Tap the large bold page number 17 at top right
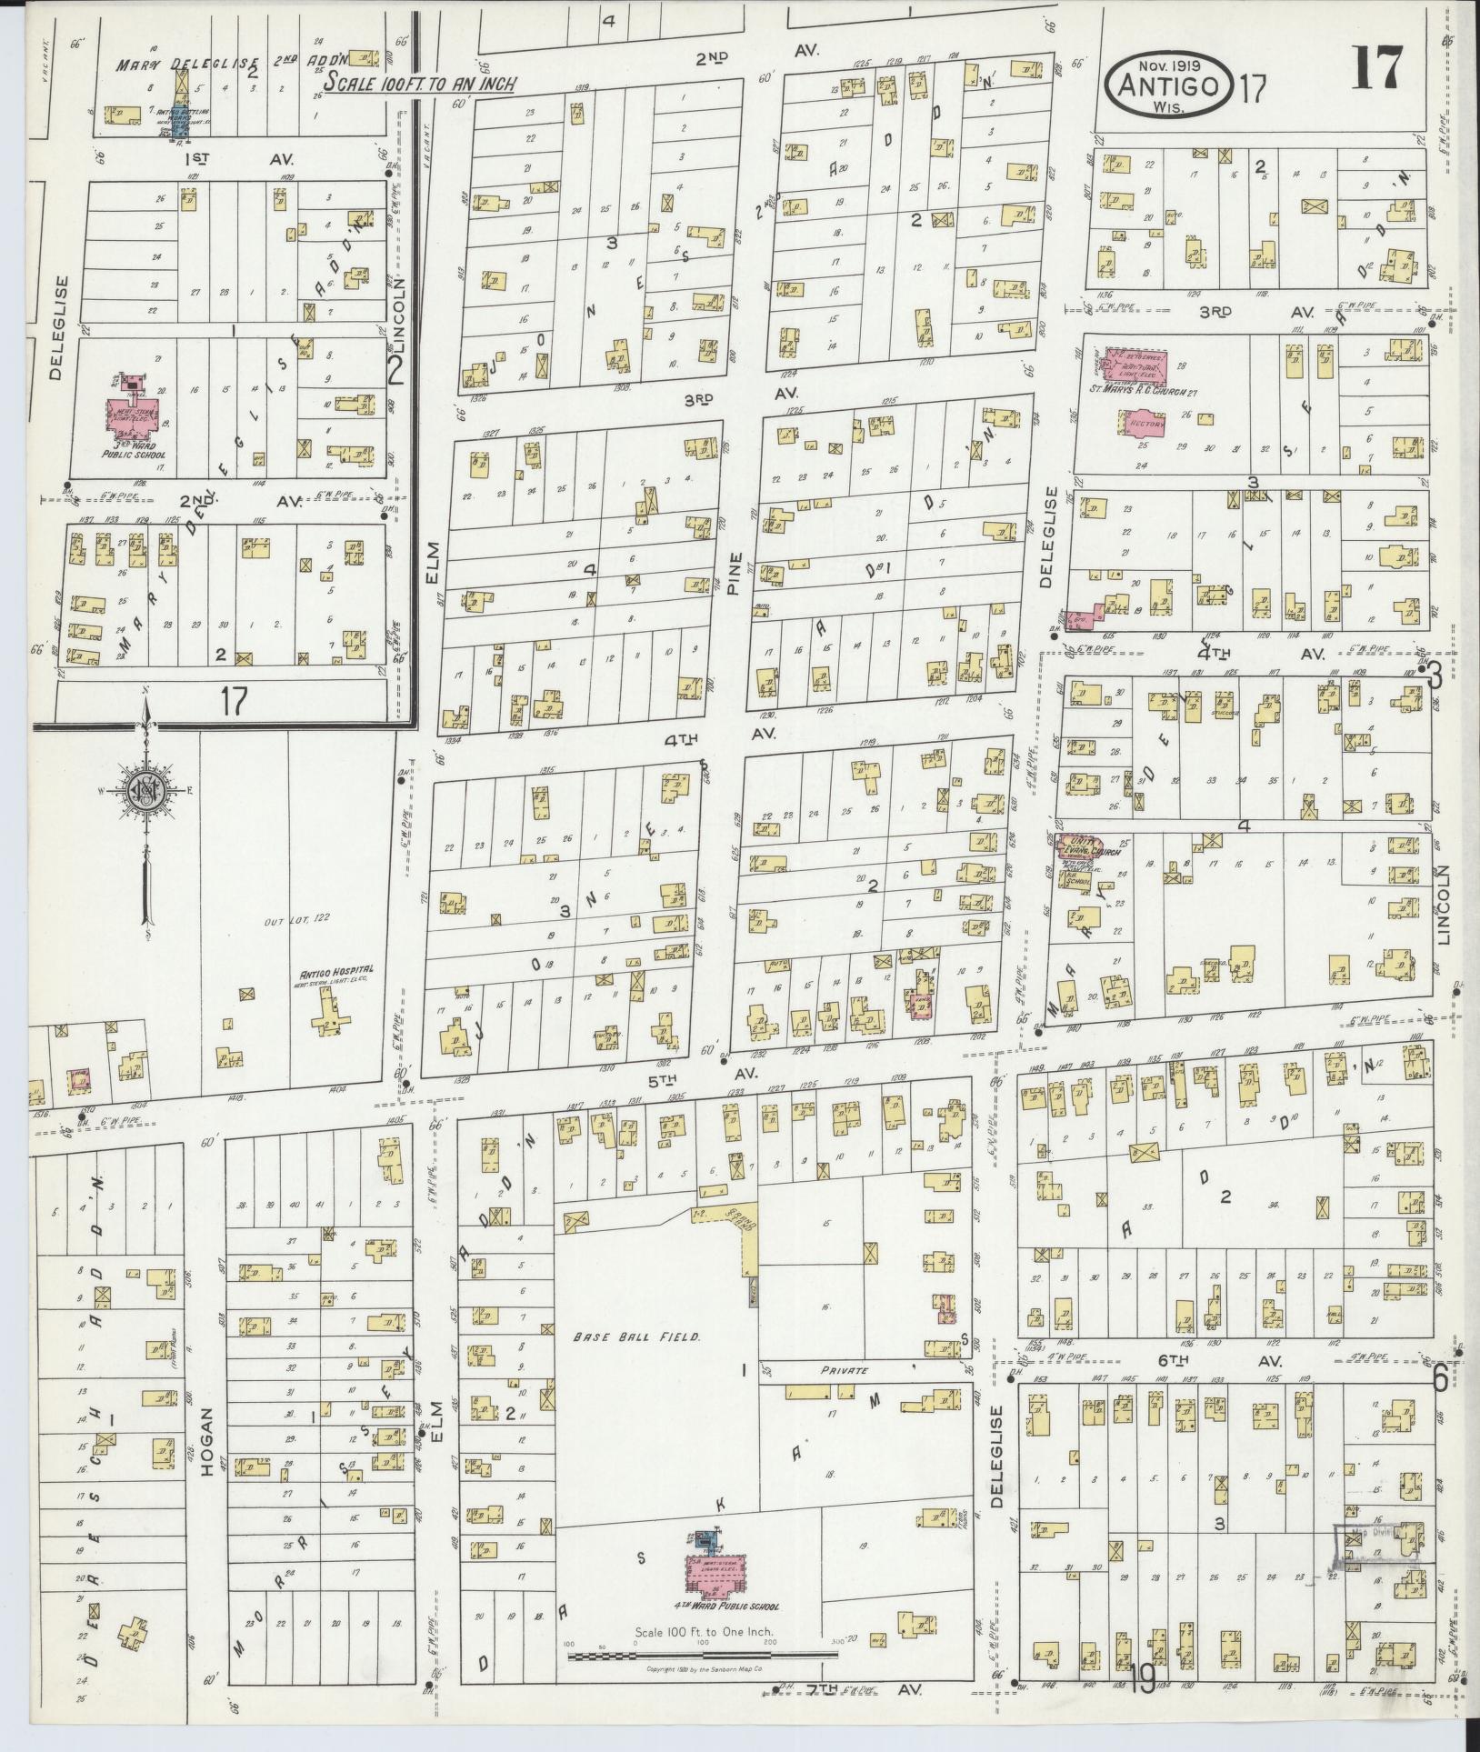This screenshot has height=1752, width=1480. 1377,68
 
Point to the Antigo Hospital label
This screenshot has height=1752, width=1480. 329,970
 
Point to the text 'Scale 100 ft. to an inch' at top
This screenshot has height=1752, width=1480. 421,83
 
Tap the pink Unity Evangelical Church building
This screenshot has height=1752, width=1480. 1077,849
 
